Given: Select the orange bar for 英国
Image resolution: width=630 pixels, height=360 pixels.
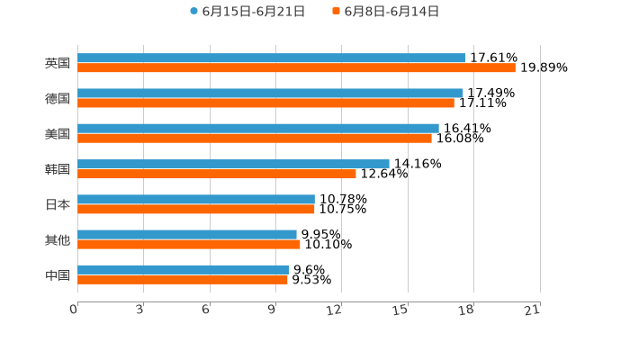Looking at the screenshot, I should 296,67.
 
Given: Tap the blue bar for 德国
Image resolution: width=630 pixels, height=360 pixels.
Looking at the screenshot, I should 270,93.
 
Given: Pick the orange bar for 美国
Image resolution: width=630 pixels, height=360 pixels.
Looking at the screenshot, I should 255,138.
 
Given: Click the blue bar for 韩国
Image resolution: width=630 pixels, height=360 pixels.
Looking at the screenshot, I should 233,164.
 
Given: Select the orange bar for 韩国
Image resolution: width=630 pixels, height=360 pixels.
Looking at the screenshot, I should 217,174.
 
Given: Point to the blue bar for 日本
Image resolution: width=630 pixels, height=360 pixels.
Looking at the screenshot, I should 196,199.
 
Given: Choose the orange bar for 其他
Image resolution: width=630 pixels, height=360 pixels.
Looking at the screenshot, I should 189,244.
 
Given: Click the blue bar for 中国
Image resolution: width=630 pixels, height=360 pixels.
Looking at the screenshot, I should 183,269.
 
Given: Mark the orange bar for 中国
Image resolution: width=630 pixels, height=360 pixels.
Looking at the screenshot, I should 183,279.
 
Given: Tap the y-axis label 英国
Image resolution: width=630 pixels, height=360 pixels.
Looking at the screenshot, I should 58,63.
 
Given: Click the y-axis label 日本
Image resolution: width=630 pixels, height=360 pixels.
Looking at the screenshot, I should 58,204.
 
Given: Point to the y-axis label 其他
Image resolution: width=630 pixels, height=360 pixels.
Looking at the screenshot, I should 58,239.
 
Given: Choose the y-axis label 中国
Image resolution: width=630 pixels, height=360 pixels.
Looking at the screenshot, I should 58,274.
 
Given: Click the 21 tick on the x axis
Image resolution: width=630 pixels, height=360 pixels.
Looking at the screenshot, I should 532,310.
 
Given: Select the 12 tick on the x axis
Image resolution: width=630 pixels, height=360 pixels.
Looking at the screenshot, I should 334,310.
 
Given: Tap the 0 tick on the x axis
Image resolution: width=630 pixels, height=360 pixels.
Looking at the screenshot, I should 74,310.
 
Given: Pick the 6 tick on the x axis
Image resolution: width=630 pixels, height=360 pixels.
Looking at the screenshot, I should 206,310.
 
